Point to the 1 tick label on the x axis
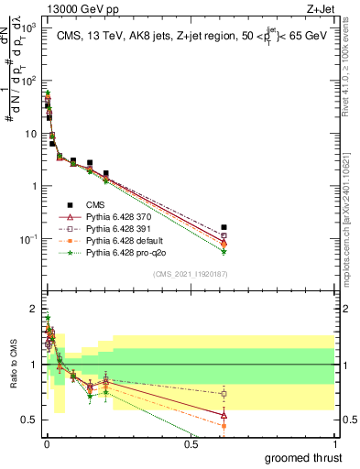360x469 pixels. (x=334, y=444)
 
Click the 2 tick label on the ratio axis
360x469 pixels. (x=33, y=309)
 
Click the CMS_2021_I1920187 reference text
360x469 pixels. (x=191, y=274)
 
